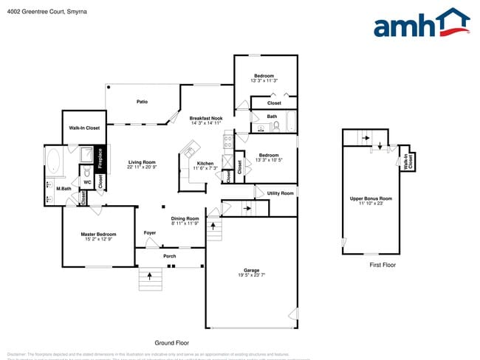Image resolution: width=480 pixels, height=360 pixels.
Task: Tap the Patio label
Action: tap(144, 102)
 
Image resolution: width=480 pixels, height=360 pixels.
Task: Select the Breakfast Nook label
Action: tap(206, 118)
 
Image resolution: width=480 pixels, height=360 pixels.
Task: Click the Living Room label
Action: tap(141, 162)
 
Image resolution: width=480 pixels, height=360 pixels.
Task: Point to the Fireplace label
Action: tap(101, 159)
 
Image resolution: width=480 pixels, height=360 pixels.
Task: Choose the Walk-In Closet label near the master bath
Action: tap(84, 128)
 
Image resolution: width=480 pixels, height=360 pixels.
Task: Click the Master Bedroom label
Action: tap(98, 234)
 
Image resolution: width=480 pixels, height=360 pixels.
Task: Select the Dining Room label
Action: tap(185, 218)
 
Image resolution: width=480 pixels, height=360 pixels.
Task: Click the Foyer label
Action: tap(150, 233)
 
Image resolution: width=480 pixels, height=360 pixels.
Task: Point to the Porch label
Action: tap(169, 257)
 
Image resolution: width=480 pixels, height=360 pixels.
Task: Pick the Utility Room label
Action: tap(280, 193)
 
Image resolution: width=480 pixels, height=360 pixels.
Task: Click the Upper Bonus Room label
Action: tap(371, 198)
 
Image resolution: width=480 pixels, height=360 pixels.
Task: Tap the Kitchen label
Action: tap(205, 163)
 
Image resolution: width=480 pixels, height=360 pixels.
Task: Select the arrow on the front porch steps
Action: tap(151, 277)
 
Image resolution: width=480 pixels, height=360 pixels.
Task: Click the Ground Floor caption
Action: tap(171, 343)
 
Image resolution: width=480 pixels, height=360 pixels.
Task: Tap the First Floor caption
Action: tap(383, 265)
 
